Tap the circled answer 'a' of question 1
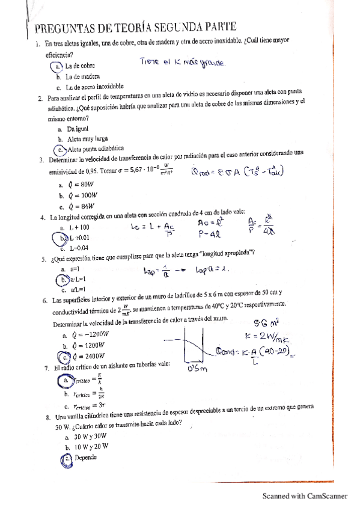click(x=59, y=66)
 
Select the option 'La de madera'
click(x=82, y=77)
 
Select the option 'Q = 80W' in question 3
click(x=78, y=185)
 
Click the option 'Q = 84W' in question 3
click(x=79, y=207)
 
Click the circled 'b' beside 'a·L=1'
click(x=61, y=280)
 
